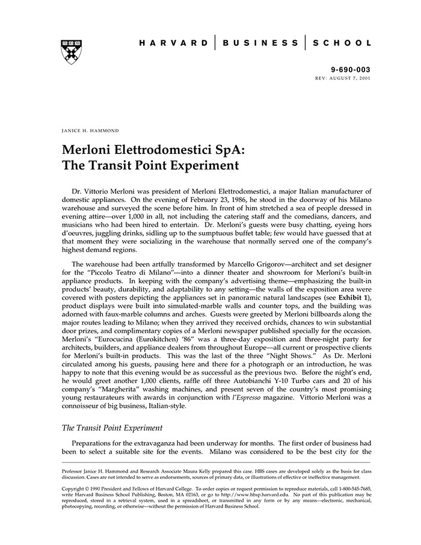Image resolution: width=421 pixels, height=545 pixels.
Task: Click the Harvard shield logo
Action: (x=72, y=52)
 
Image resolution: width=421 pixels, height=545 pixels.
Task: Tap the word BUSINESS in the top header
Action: (x=260, y=43)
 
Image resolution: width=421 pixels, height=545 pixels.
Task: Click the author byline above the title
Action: (x=90, y=130)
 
